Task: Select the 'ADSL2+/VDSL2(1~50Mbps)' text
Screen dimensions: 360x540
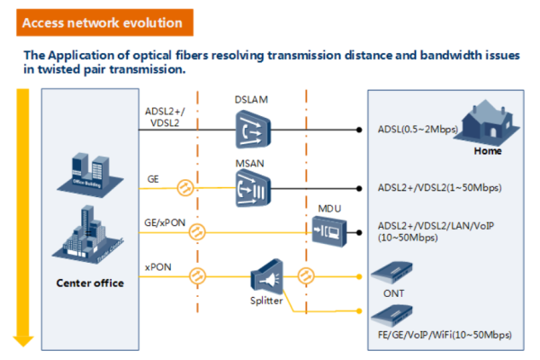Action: [440, 189]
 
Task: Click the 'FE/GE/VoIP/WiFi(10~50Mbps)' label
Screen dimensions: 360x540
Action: [445, 334]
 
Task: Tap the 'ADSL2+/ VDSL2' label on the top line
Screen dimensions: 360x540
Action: [164, 117]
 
